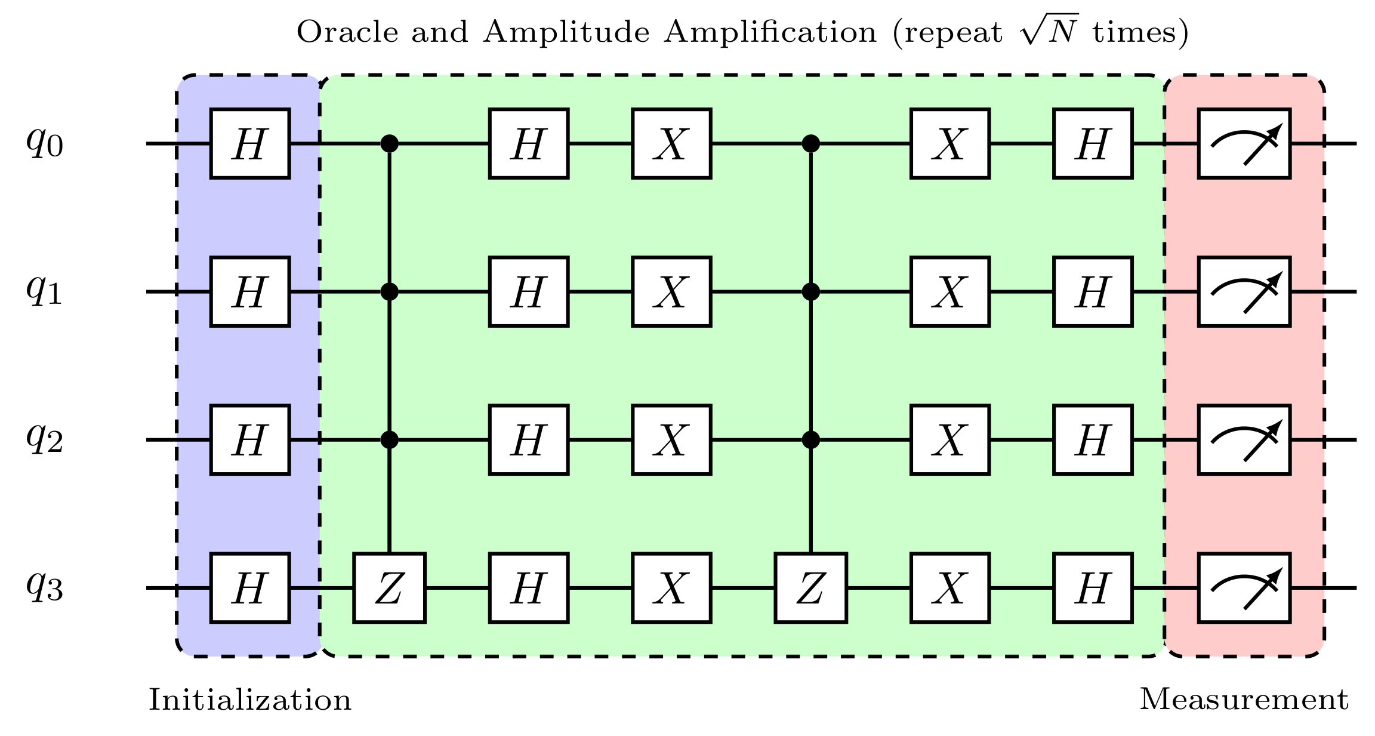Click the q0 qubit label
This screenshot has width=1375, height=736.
pos(45,144)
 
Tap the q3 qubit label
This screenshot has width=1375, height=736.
pos(45,588)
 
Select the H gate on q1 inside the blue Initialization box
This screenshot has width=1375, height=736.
pos(250,292)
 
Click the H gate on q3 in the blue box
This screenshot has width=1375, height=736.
pos(250,588)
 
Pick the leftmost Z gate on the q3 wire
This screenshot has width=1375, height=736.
pos(389,588)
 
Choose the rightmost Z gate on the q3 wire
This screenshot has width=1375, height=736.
pos(810,588)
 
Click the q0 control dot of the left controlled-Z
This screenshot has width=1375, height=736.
pos(389,143)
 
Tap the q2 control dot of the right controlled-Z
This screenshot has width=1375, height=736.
pos(810,440)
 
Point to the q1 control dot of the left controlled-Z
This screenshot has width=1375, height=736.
pos(389,292)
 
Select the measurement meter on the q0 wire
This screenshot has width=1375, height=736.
pos(1244,144)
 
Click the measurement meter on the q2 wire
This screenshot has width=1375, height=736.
pos(1244,440)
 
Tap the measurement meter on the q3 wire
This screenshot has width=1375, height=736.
pos(1244,588)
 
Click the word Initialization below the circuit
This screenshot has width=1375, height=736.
pos(250,700)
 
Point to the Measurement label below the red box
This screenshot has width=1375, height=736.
pos(1244,700)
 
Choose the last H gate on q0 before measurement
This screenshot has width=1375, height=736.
pos(1093,144)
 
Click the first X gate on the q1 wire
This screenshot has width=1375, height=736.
pos(671,292)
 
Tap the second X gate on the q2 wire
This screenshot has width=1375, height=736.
pos(950,440)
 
